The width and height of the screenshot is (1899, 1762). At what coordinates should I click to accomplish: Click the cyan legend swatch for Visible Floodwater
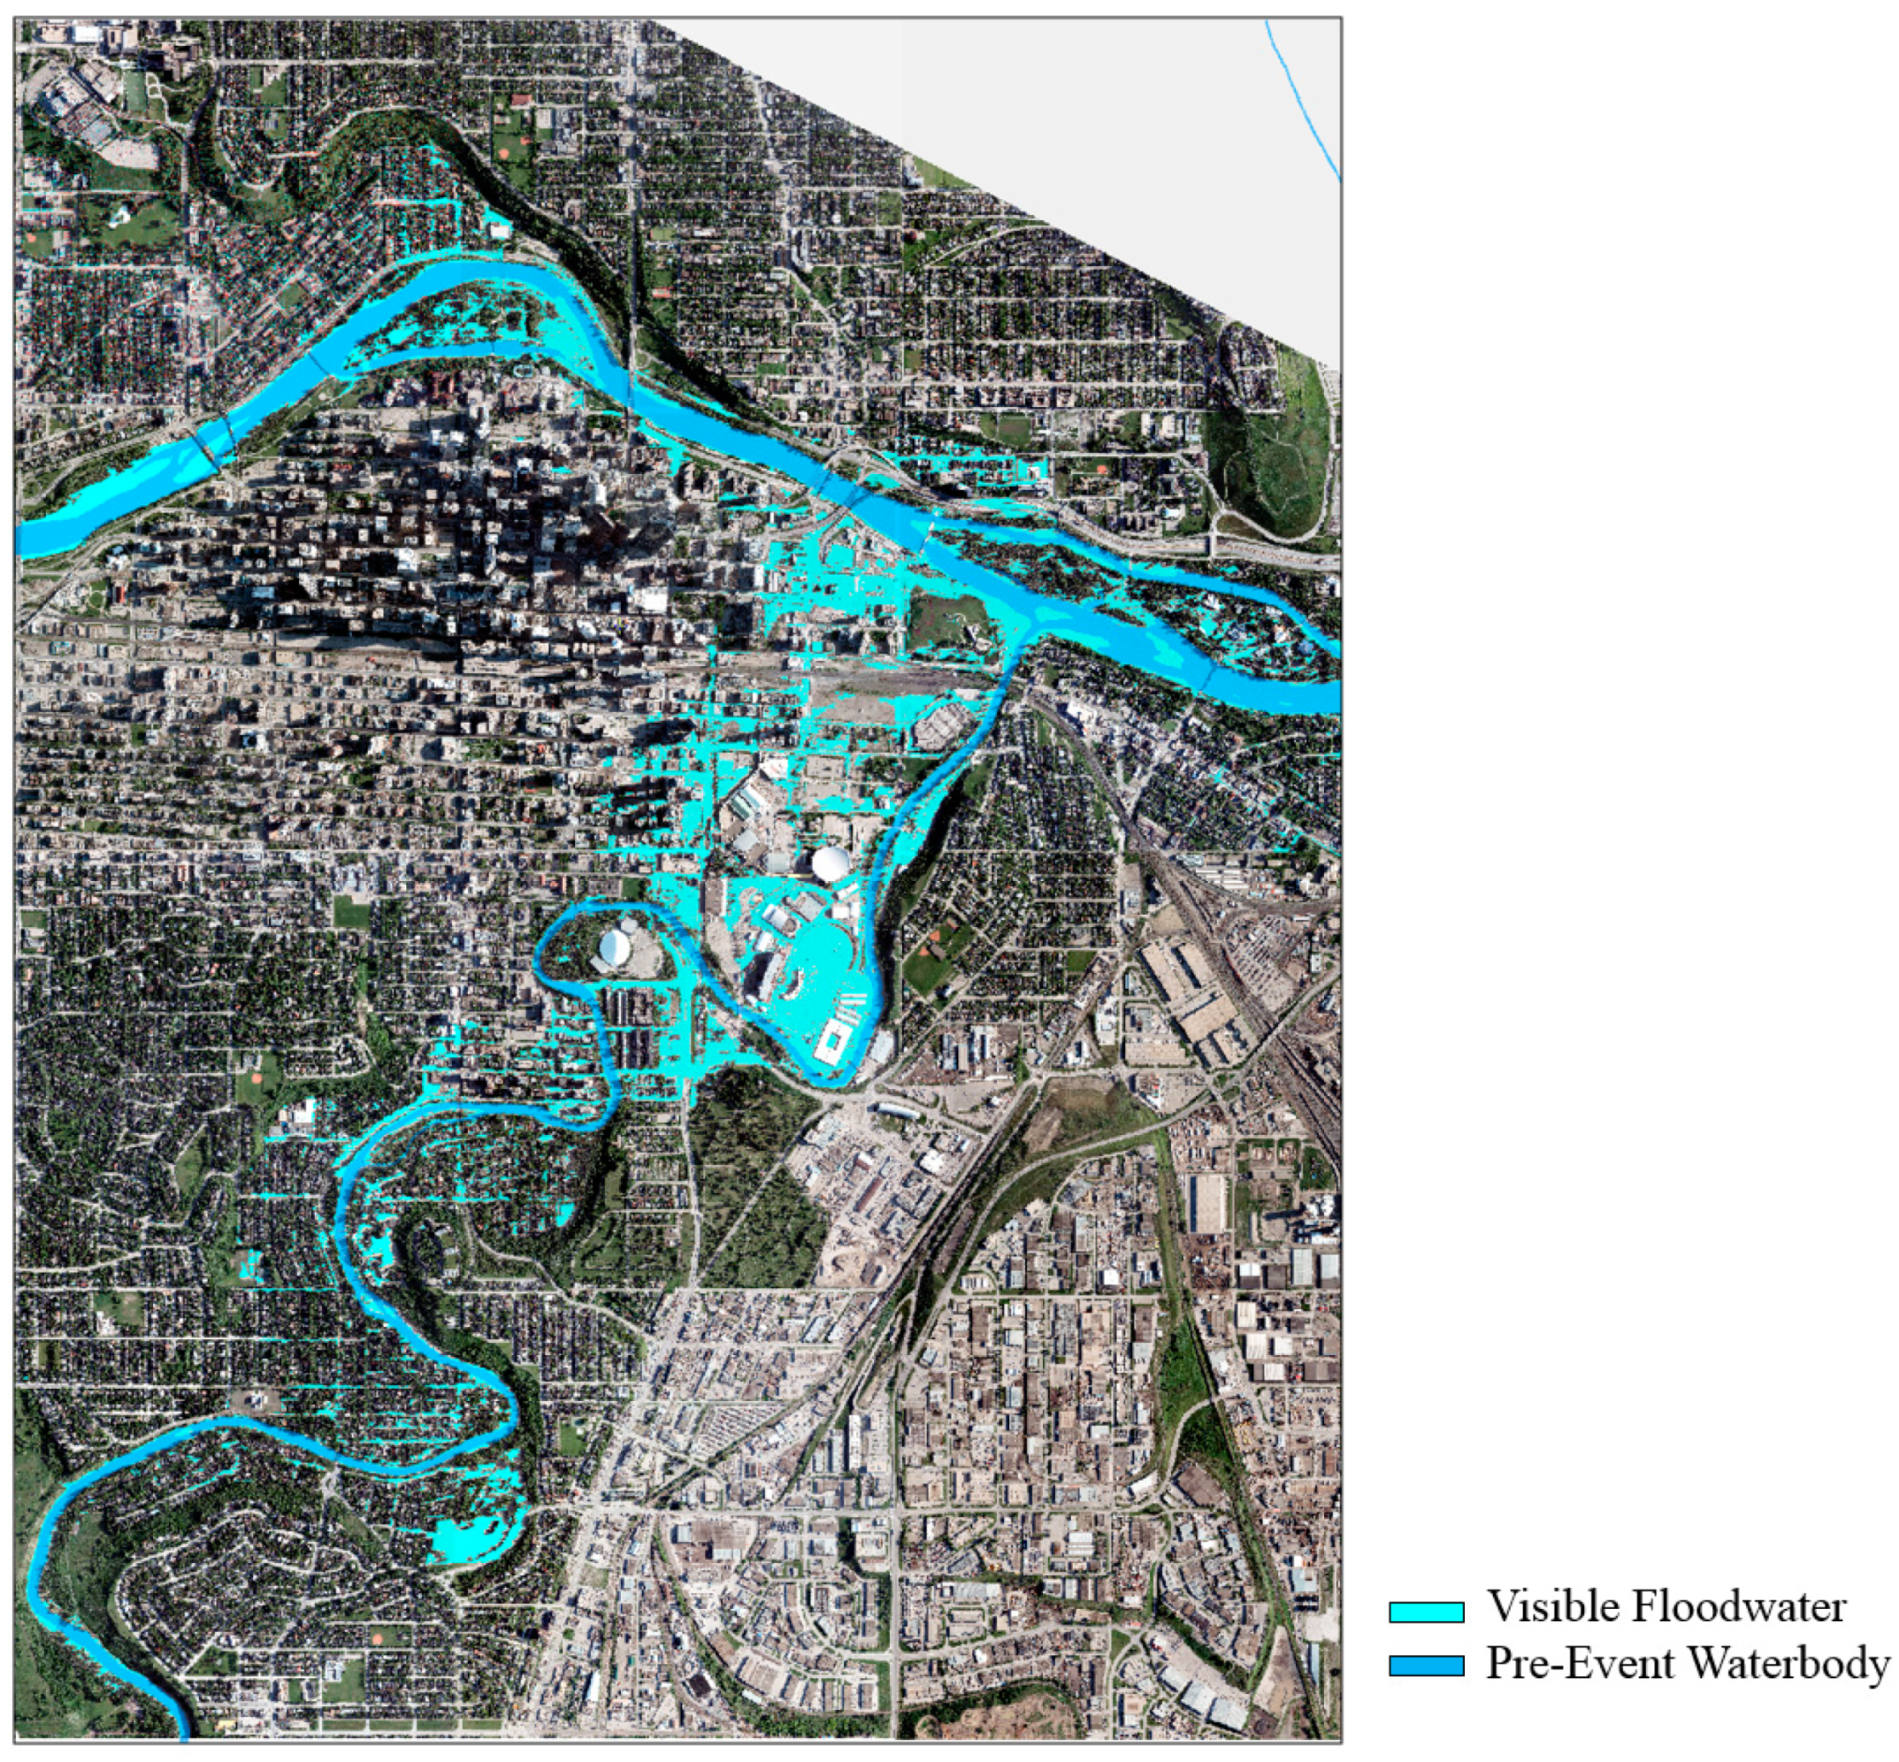pos(1425,1612)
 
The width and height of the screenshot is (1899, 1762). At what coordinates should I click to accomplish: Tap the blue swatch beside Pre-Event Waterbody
pos(1425,1666)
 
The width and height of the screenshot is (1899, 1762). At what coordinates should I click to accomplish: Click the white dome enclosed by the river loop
pos(614,946)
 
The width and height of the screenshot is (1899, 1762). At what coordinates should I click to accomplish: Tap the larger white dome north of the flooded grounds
pos(831,864)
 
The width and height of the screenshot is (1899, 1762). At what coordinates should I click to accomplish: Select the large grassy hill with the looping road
pos(1268,458)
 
